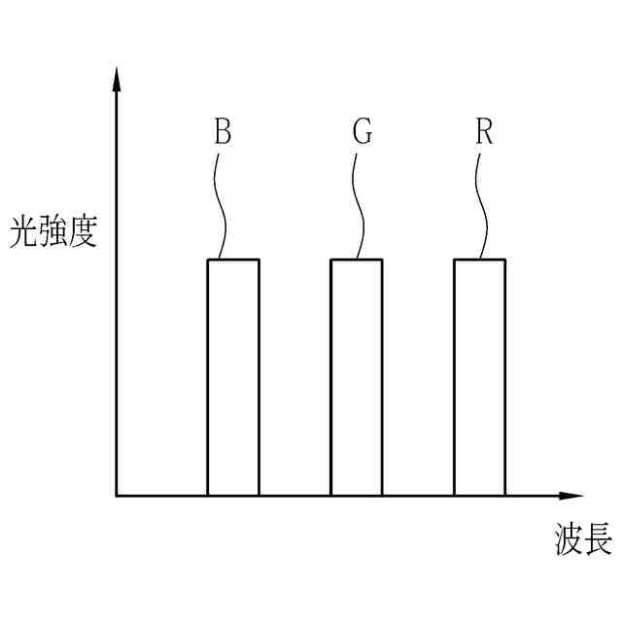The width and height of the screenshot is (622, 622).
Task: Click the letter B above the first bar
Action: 223,133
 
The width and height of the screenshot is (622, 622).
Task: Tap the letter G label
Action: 363,133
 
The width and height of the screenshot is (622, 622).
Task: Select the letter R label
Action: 484,133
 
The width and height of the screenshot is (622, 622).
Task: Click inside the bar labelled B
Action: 233,379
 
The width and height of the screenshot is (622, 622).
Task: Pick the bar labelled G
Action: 357,379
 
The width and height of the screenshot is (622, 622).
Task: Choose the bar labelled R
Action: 480,379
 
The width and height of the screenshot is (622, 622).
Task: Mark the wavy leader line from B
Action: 219,204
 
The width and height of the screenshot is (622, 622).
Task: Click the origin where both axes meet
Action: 117,496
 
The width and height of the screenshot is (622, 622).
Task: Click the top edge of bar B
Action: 233,259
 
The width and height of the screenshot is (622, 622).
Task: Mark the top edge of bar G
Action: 357,259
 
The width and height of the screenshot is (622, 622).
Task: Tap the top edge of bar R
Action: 480,259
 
